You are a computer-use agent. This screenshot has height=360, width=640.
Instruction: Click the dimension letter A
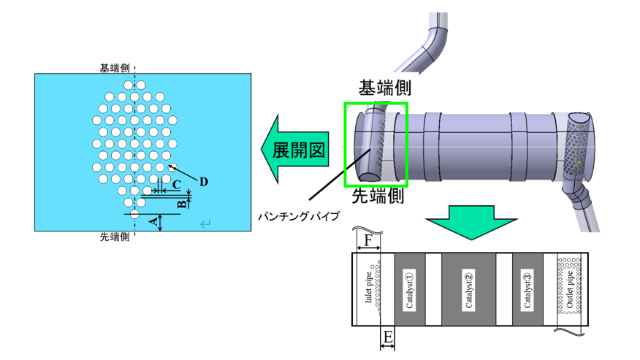tap(152, 220)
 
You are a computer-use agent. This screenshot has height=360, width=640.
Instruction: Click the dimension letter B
tap(182, 202)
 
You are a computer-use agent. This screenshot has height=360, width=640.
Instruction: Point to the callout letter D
tap(204, 180)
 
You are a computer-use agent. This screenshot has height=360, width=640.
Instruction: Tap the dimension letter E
tap(388, 337)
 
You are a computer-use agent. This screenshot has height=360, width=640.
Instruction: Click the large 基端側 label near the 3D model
tap(384, 88)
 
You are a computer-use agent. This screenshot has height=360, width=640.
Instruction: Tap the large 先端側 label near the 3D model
tap(378, 196)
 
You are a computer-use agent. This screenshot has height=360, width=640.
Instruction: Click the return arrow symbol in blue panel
tap(205, 224)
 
